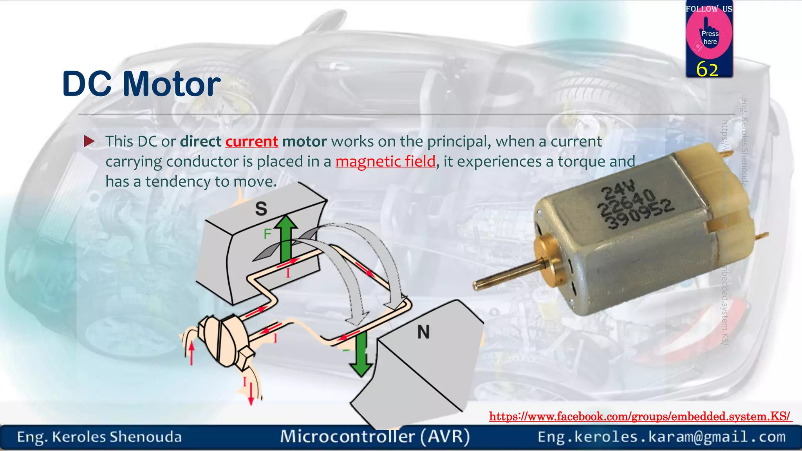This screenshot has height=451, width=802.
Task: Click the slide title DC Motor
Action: pos(141,84)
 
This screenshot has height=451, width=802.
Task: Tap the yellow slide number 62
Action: pos(707,70)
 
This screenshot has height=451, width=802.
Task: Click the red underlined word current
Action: pos(251,141)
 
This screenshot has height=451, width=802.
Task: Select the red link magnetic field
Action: pos(385,161)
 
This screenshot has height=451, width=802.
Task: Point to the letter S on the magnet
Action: pos(261,209)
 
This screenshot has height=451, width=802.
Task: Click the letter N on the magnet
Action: pos(423,332)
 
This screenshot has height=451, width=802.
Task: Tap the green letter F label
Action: pos(267,234)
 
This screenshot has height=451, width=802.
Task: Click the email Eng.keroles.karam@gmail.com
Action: pos(661,437)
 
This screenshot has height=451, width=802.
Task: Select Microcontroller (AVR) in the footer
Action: pos(375,437)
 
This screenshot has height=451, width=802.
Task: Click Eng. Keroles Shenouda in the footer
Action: pos(99,437)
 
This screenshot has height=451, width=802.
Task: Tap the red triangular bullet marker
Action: pos(89,141)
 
